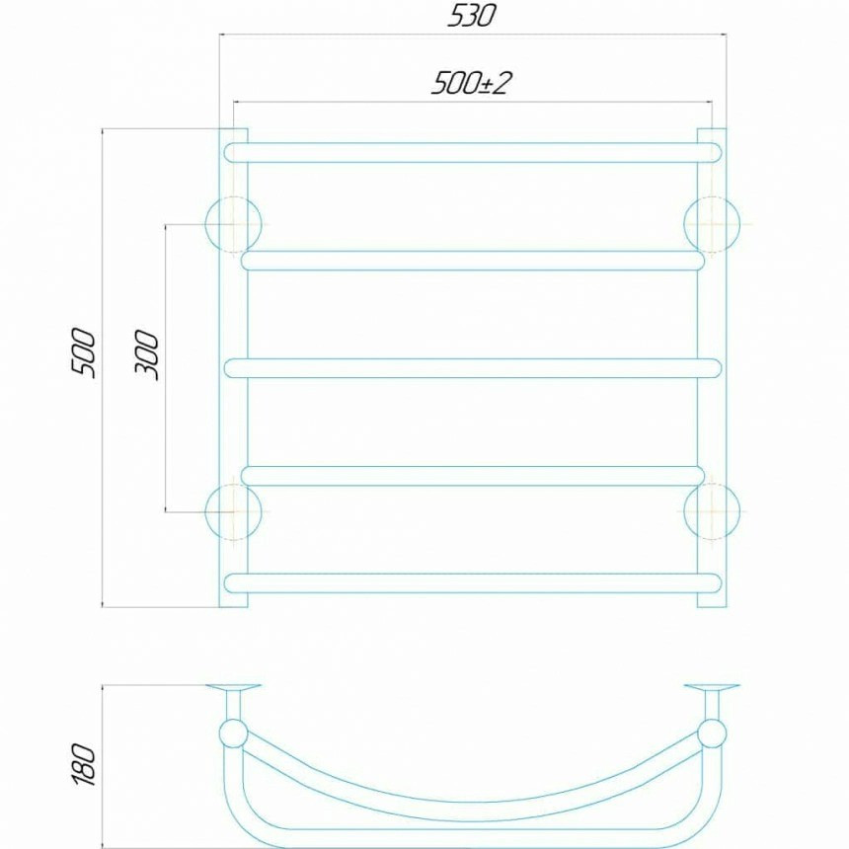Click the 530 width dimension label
pyautogui.click(x=471, y=16)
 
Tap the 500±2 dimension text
pyautogui.click(x=471, y=83)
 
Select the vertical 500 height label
pyautogui.click(x=83, y=352)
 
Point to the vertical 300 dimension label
pyautogui.click(x=147, y=354)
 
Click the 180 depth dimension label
pyautogui.click(x=83, y=764)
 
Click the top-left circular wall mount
pyautogui.click(x=233, y=224)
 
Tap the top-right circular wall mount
pyautogui.click(x=712, y=224)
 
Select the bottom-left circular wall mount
pyautogui.click(x=233, y=511)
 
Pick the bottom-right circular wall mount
pyautogui.click(x=712, y=511)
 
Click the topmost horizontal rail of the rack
pyautogui.click(x=473, y=153)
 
